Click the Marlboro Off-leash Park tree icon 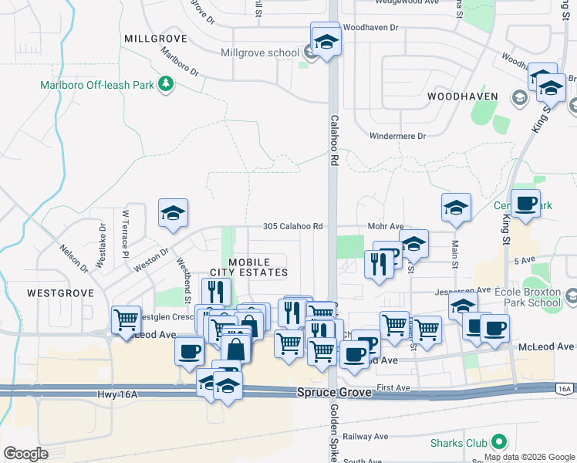165,83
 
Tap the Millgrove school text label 259,53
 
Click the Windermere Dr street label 398,136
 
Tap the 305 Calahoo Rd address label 292,227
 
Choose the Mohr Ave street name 386,227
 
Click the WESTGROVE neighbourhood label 60,293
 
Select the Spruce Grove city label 335,393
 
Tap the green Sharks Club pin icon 499,442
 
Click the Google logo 25,454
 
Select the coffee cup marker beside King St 525,204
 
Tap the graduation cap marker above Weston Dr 173,214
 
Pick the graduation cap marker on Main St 456,208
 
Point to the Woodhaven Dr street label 371,27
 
